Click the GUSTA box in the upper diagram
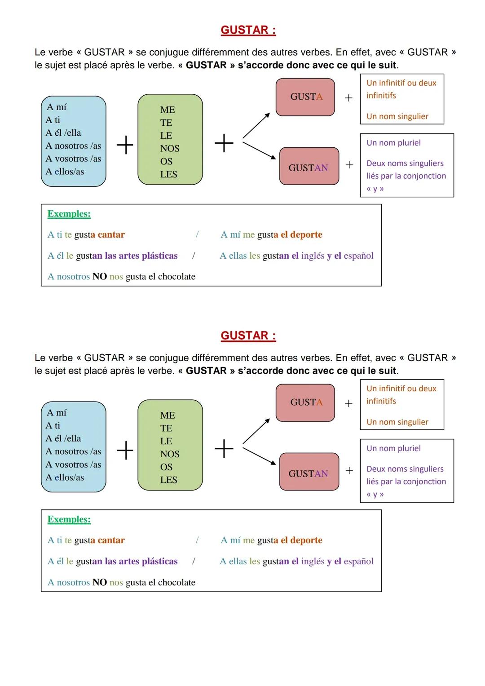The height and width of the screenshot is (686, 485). point(305,97)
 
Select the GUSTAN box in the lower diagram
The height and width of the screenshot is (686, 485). point(309,474)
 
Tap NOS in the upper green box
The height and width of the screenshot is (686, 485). point(170,149)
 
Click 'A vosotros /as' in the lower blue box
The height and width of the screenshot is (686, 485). point(73,465)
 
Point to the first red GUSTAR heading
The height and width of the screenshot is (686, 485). point(248,30)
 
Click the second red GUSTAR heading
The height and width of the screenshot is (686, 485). point(248,336)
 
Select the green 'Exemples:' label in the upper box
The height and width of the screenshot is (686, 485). point(69,214)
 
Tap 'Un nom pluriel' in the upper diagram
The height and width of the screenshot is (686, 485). point(393,143)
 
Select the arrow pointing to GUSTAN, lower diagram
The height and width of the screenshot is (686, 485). point(259,456)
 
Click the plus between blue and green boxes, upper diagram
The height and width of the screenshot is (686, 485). point(125,145)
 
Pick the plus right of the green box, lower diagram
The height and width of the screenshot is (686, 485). point(224,449)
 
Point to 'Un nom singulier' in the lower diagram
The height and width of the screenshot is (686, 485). point(397,422)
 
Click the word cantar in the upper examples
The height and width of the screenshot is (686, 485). point(111,235)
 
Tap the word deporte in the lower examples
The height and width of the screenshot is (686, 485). point(306,540)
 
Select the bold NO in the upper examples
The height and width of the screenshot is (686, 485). point(99,277)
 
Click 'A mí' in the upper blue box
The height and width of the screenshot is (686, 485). point(57,107)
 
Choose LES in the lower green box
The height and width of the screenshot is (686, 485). point(169,480)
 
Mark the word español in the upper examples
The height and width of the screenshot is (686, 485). point(358,256)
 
